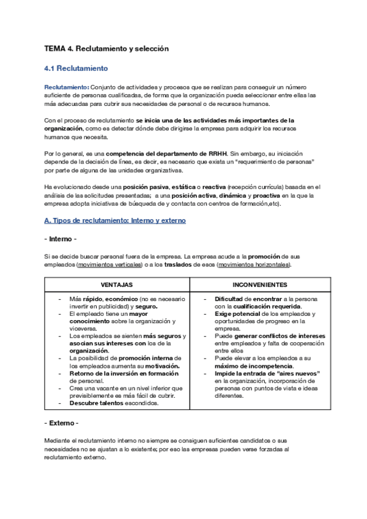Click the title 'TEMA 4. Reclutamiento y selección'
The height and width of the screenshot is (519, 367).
(x=106, y=48)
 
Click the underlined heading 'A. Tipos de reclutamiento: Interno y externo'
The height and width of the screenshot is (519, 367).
(x=115, y=220)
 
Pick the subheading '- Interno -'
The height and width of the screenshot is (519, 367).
(x=61, y=238)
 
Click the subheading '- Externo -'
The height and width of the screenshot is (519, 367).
(x=61, y=424)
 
